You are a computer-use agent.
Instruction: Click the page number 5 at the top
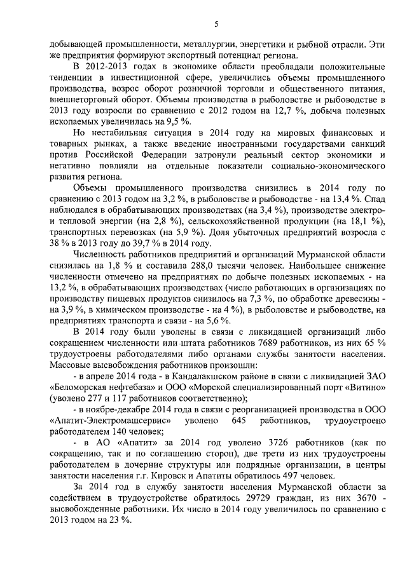pyautogui.click(x=216, y=25)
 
